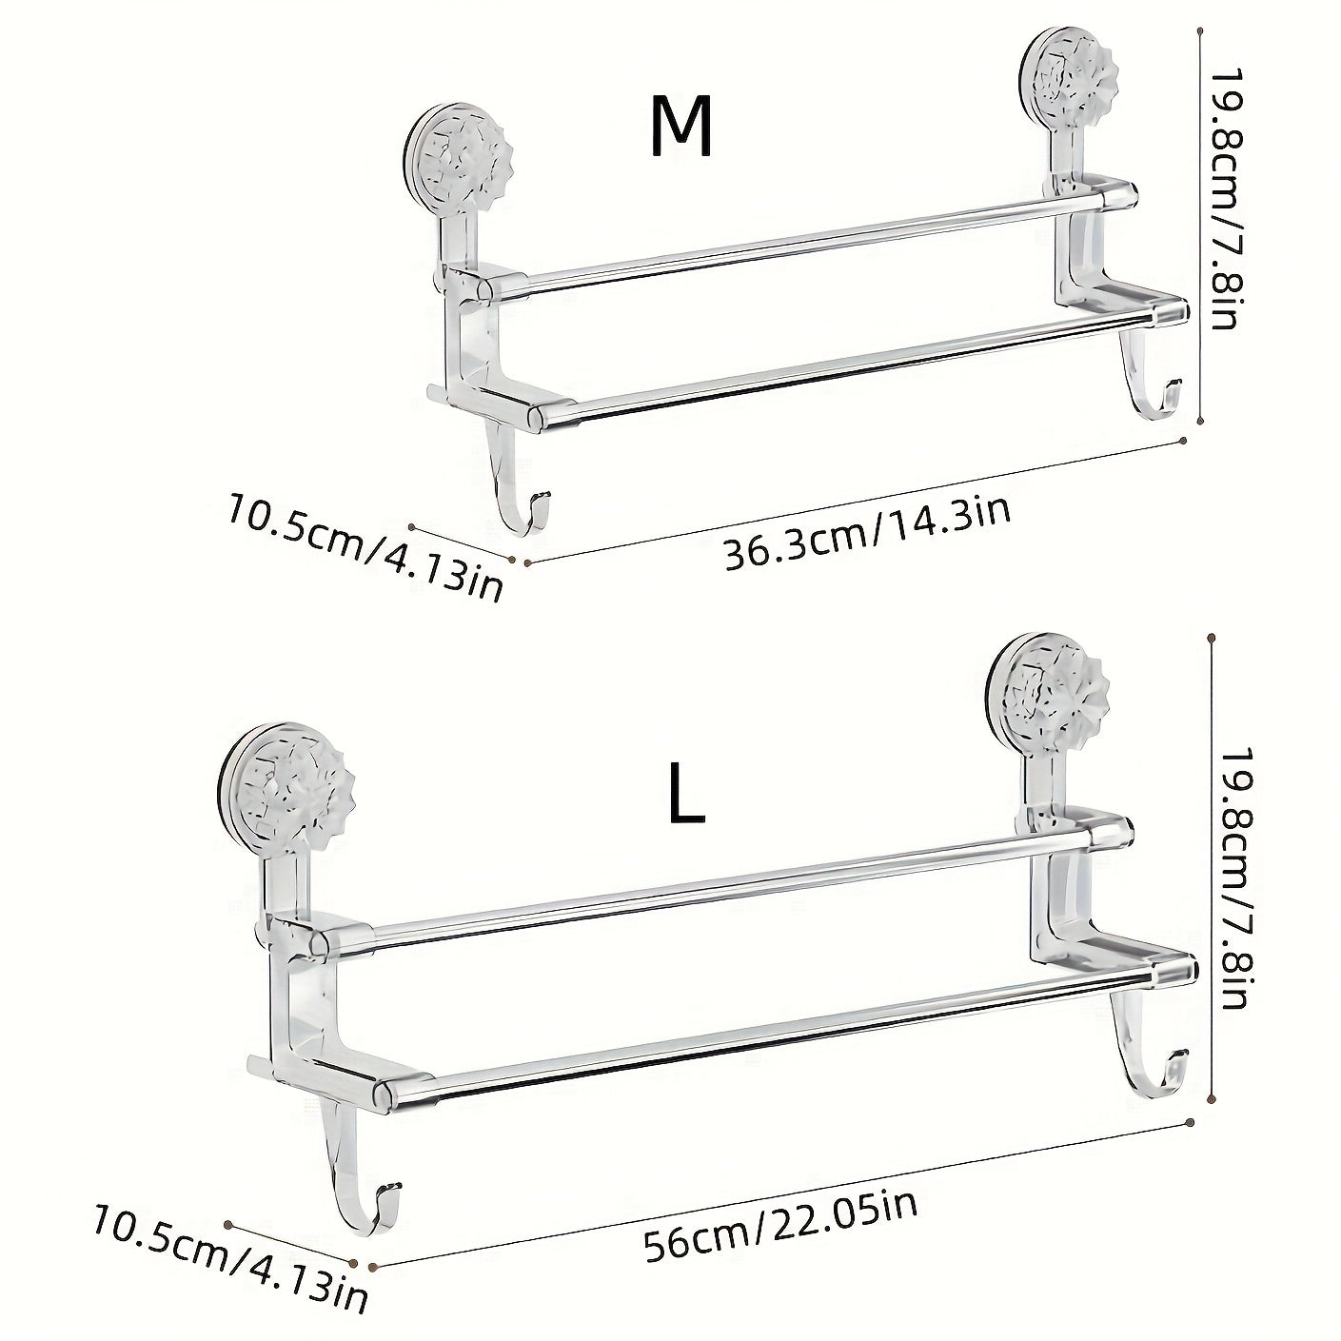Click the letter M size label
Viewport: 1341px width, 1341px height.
681,128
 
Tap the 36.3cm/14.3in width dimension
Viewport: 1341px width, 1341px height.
866,533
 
